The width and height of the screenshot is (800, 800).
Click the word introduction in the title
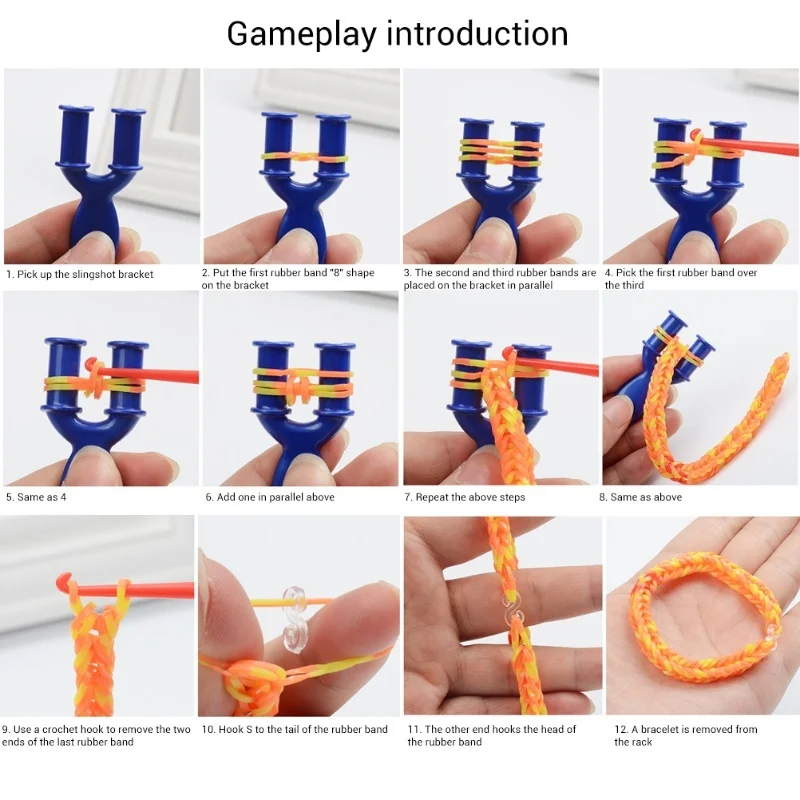pos(477,33)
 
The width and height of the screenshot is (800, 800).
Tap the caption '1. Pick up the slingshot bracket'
pos(80,273)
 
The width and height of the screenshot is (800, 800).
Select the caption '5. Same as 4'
pos(37,496)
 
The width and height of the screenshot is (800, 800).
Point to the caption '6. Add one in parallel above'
pos(270,497)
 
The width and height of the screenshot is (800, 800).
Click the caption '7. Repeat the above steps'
pos(464,497)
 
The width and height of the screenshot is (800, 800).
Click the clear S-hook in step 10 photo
pos(295,612)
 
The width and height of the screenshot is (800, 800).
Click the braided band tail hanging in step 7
pos(500,420)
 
